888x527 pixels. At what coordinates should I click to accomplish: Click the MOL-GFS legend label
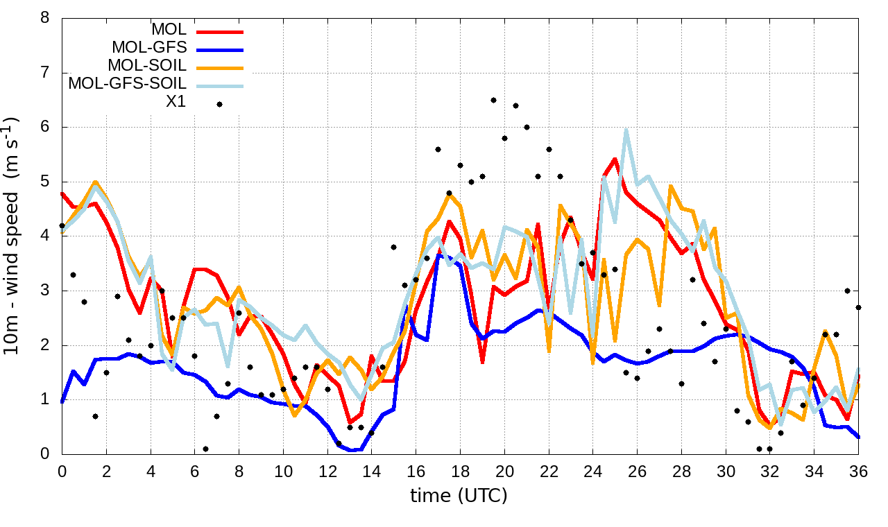coord(149,48)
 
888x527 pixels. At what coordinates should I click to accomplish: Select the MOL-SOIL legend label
coord(147,66)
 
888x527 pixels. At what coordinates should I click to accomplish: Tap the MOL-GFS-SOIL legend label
coord(127,84)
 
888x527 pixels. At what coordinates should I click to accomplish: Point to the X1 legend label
coord(176,103)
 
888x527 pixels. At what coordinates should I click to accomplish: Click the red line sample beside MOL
coord(219,31)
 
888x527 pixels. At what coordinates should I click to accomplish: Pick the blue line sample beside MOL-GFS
coord(219,49)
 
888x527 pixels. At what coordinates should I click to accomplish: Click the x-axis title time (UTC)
coord(459,496)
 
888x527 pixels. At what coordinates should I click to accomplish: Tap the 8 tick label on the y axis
coord(45,18)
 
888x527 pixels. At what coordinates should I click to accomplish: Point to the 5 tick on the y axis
coord(45,182)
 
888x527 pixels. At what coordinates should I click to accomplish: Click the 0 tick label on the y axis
coord(45,454)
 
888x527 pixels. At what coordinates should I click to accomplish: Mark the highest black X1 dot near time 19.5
coord(493,101)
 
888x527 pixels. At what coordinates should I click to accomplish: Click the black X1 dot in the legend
coord(219,104)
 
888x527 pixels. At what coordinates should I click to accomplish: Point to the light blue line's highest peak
coord(626,130)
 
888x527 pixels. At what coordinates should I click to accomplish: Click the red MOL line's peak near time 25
coord(615,159)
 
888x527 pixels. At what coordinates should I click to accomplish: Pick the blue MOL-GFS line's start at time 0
coord(62,401)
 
